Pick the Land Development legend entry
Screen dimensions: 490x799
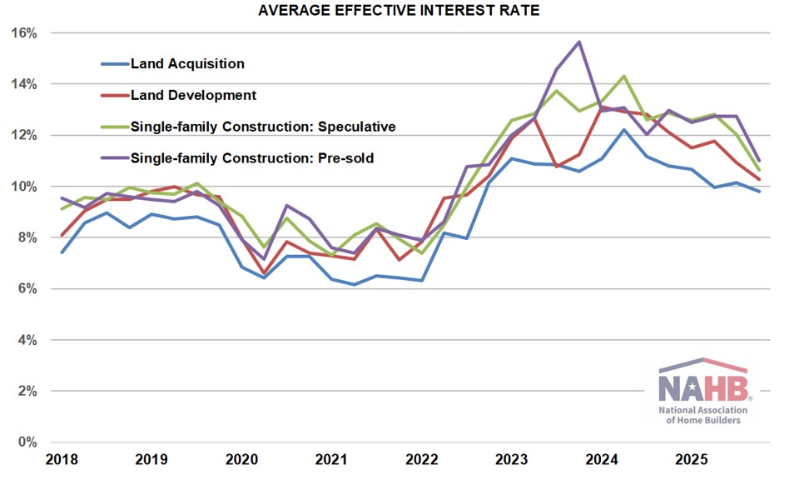193,95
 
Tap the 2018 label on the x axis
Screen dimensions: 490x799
62,459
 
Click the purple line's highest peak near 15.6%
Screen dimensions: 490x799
579,42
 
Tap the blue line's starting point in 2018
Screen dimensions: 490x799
62,252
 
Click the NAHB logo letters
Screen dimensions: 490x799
703,387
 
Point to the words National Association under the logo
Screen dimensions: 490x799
703,410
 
